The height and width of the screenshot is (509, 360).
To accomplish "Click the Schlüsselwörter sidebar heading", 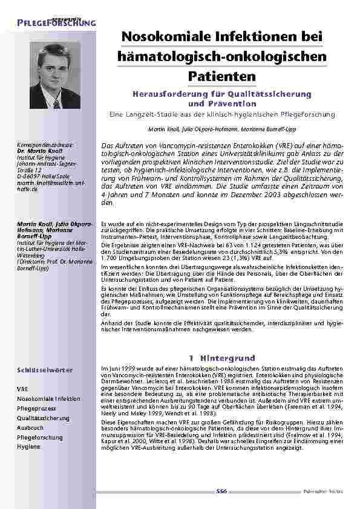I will [45, 369].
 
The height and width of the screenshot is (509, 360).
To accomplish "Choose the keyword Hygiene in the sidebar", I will [29, 447].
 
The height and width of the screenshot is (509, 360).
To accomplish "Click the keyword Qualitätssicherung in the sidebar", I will [44, 418].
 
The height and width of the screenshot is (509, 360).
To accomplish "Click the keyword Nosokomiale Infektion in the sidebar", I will [48, 399].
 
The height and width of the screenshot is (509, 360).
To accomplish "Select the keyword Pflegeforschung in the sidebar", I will [40, 437].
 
